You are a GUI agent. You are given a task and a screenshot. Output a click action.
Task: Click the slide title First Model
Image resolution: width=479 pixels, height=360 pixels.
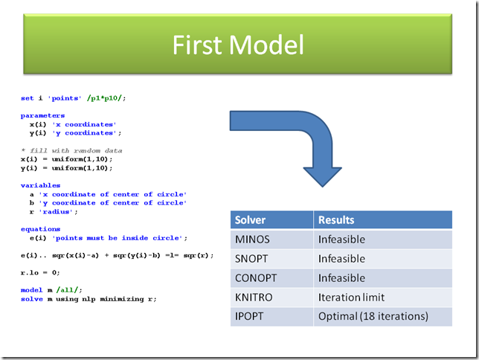[x=238, y=45]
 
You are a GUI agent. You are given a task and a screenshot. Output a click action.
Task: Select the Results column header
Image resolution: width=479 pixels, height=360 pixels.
[x=336, y=220]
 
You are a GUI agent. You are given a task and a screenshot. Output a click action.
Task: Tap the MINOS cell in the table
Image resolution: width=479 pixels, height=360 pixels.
[x=254, y=240]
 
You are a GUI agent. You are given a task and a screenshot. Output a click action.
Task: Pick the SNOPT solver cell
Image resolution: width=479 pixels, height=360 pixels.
[x=252, y=259]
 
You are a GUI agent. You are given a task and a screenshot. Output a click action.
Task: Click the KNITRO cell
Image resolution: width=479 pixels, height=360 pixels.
[x=254, y=298]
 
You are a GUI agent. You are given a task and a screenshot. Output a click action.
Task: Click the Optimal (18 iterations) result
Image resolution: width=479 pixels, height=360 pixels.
[x=373, y=316]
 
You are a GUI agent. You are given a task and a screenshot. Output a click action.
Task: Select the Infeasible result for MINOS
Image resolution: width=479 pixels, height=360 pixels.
[x=341, y=240]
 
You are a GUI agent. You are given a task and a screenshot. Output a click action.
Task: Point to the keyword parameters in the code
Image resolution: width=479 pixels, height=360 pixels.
[x=42, y=115]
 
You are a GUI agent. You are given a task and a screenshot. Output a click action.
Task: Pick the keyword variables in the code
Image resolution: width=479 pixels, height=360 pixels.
[x=40, y=185]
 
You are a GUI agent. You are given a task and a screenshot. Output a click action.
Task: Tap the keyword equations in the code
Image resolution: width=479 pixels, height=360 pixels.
[x=40, y=229]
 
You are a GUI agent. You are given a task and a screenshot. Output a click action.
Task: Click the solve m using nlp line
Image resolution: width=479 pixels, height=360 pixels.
[x=89, y=299]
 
